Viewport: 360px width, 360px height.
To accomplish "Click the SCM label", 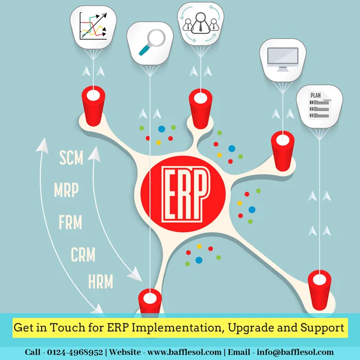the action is pos(71,158).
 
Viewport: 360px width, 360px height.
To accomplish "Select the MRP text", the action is pos(66,190).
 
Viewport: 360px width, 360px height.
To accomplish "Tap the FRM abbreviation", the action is pos(70,222).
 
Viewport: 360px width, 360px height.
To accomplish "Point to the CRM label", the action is pos(83,255).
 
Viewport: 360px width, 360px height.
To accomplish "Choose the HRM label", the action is pos(101,281).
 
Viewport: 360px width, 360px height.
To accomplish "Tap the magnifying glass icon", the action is pos(152,42).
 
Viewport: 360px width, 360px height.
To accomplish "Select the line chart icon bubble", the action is pos(93,27).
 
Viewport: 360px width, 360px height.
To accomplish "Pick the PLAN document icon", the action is pos(319,105).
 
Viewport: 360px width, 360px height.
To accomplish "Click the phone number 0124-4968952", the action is pos(75,352).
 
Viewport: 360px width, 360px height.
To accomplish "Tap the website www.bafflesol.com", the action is pos(184,352).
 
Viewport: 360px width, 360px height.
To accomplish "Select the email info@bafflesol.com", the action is pos(295,352).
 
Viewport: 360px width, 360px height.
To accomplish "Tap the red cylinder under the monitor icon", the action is pos(283,150).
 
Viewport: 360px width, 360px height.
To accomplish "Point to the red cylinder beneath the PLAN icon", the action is pos(320,290).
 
